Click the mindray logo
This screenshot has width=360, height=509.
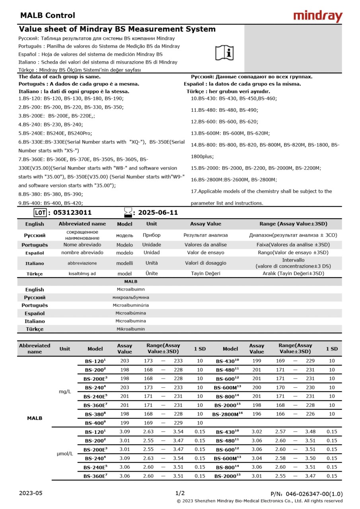click(x=317, y=16)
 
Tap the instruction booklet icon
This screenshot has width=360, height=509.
click(x=225, y=52)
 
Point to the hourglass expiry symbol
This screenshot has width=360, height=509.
click(x=128, y=212)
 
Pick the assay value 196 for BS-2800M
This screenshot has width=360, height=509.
click(x=257, y=414)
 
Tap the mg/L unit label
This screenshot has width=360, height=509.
click(x=65, y=392)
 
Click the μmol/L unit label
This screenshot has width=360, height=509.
click(x=65, y=454)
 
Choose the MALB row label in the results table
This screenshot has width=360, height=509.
click(x=34, y=418)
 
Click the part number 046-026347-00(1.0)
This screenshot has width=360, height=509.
click(x=306, y=493)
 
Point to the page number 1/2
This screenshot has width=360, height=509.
click(x=180, y=493)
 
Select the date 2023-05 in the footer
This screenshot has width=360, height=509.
click(x=31, y=493)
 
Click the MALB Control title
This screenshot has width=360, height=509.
click(x=47, y=16)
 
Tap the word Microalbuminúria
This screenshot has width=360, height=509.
click(x=131, y=305)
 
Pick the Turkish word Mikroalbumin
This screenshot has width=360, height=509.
click(x=131, y=329)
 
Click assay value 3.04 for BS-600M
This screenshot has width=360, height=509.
click(x=257, y=458)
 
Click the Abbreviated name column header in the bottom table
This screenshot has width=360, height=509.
click(x=35, y=348)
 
